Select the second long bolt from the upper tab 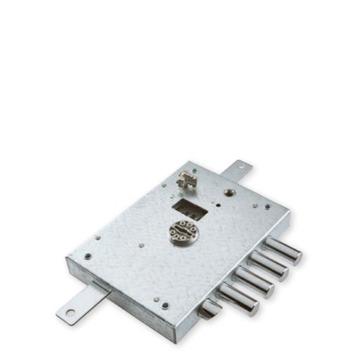tap(269, 265)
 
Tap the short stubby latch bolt tap(211, 309)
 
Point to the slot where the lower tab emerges tap(97, 287)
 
